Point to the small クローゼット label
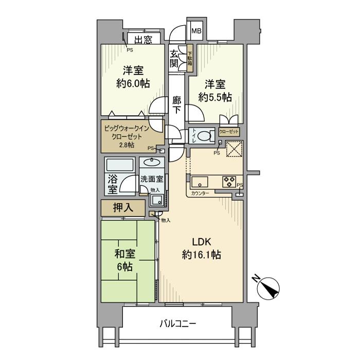click(x=229, y=132)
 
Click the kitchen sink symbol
click(x=200, y=182)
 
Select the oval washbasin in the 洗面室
click(x=152, y=162)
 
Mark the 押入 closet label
click(x=123, y=208)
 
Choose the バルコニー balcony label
click(x=177, y=323)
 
